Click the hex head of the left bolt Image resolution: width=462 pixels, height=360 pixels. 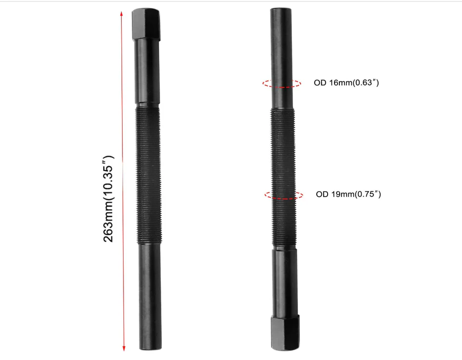tap(146, 24)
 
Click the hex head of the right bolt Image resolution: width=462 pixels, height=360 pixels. tap(285, 333)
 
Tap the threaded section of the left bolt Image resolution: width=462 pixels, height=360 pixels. tap(149, 175)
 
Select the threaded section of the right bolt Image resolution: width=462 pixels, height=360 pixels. tap(283, 178)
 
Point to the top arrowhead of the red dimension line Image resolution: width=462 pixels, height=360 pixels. tap(122, 14)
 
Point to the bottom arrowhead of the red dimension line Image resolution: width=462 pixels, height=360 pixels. tap(124, 348)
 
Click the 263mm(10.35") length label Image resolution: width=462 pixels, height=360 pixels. tap(108, 199)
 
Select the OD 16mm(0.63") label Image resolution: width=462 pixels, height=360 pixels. tap(346, 82)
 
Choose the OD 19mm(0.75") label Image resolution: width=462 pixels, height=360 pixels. tap(348, 194)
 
